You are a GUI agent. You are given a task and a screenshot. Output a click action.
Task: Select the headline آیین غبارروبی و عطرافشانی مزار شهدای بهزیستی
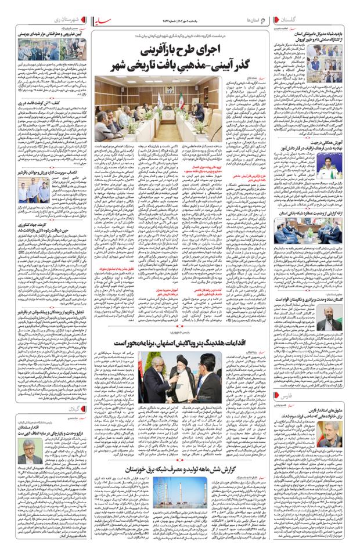(x=56, y=35)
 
